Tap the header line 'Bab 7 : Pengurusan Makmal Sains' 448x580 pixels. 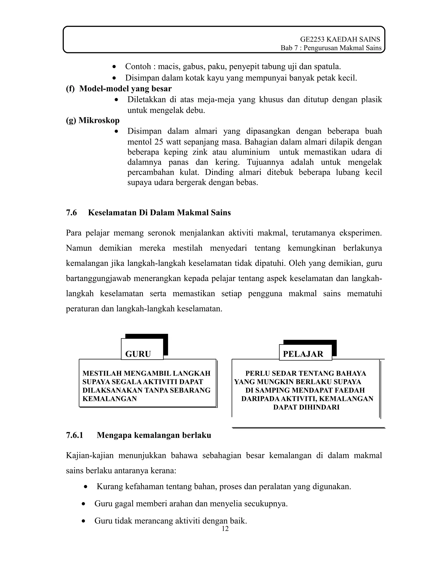pos(331,48)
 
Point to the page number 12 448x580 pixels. pos(225,529)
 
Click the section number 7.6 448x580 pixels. pos(71,213)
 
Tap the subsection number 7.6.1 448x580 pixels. pos(75,436)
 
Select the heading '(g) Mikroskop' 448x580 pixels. pos(93,120)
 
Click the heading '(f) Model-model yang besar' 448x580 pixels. pos(119,88)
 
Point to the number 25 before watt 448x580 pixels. pos(158,142)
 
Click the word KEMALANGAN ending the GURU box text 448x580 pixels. pos(110,399)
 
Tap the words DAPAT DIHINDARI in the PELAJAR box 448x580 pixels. pos(306,407)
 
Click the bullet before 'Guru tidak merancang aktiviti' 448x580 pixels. pos(84,521)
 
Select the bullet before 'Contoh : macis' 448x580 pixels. pos(114,66)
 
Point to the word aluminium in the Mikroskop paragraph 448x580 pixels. pos(250,152)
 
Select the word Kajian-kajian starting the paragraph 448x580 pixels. pos(90,456)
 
